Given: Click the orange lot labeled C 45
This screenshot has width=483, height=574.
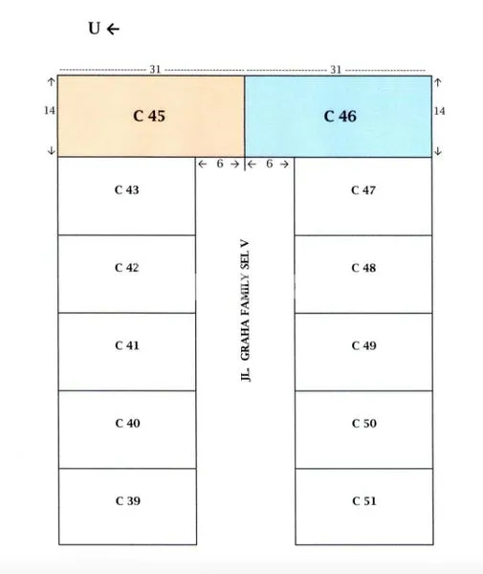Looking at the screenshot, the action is (151, 117).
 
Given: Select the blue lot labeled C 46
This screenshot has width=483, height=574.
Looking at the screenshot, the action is (339, 117).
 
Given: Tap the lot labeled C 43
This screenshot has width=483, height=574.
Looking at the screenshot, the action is (126, 196).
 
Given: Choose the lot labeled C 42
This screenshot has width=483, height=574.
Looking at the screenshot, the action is (126, 274).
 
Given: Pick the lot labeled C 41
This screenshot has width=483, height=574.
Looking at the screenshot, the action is (127, 352).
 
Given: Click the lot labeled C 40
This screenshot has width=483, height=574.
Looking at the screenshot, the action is (127, 430).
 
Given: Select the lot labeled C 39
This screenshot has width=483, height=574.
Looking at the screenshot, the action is (128, 507).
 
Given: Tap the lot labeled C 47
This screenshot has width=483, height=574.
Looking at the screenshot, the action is (363, 196).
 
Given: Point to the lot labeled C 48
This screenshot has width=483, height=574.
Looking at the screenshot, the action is (363, 275).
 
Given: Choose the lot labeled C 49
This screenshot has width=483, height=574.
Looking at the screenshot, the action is (363, 352).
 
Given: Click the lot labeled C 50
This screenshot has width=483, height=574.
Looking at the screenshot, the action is (364, 430).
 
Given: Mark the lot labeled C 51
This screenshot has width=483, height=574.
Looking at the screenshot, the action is (364, 507).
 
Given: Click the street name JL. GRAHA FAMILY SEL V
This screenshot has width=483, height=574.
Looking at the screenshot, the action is (245, 310).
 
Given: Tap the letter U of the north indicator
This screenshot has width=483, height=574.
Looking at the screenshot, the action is (94, 28).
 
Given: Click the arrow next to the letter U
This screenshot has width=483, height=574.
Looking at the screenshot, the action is (113, 29).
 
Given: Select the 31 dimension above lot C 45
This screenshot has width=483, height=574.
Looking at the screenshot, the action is (155, 69).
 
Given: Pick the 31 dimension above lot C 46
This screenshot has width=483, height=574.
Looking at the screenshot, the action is (336, 70).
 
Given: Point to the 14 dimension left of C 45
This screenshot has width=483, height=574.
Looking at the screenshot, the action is (50, 110).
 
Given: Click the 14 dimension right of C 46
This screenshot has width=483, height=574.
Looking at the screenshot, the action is (439, 111).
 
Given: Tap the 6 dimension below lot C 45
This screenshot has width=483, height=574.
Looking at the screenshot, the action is (220, 164).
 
